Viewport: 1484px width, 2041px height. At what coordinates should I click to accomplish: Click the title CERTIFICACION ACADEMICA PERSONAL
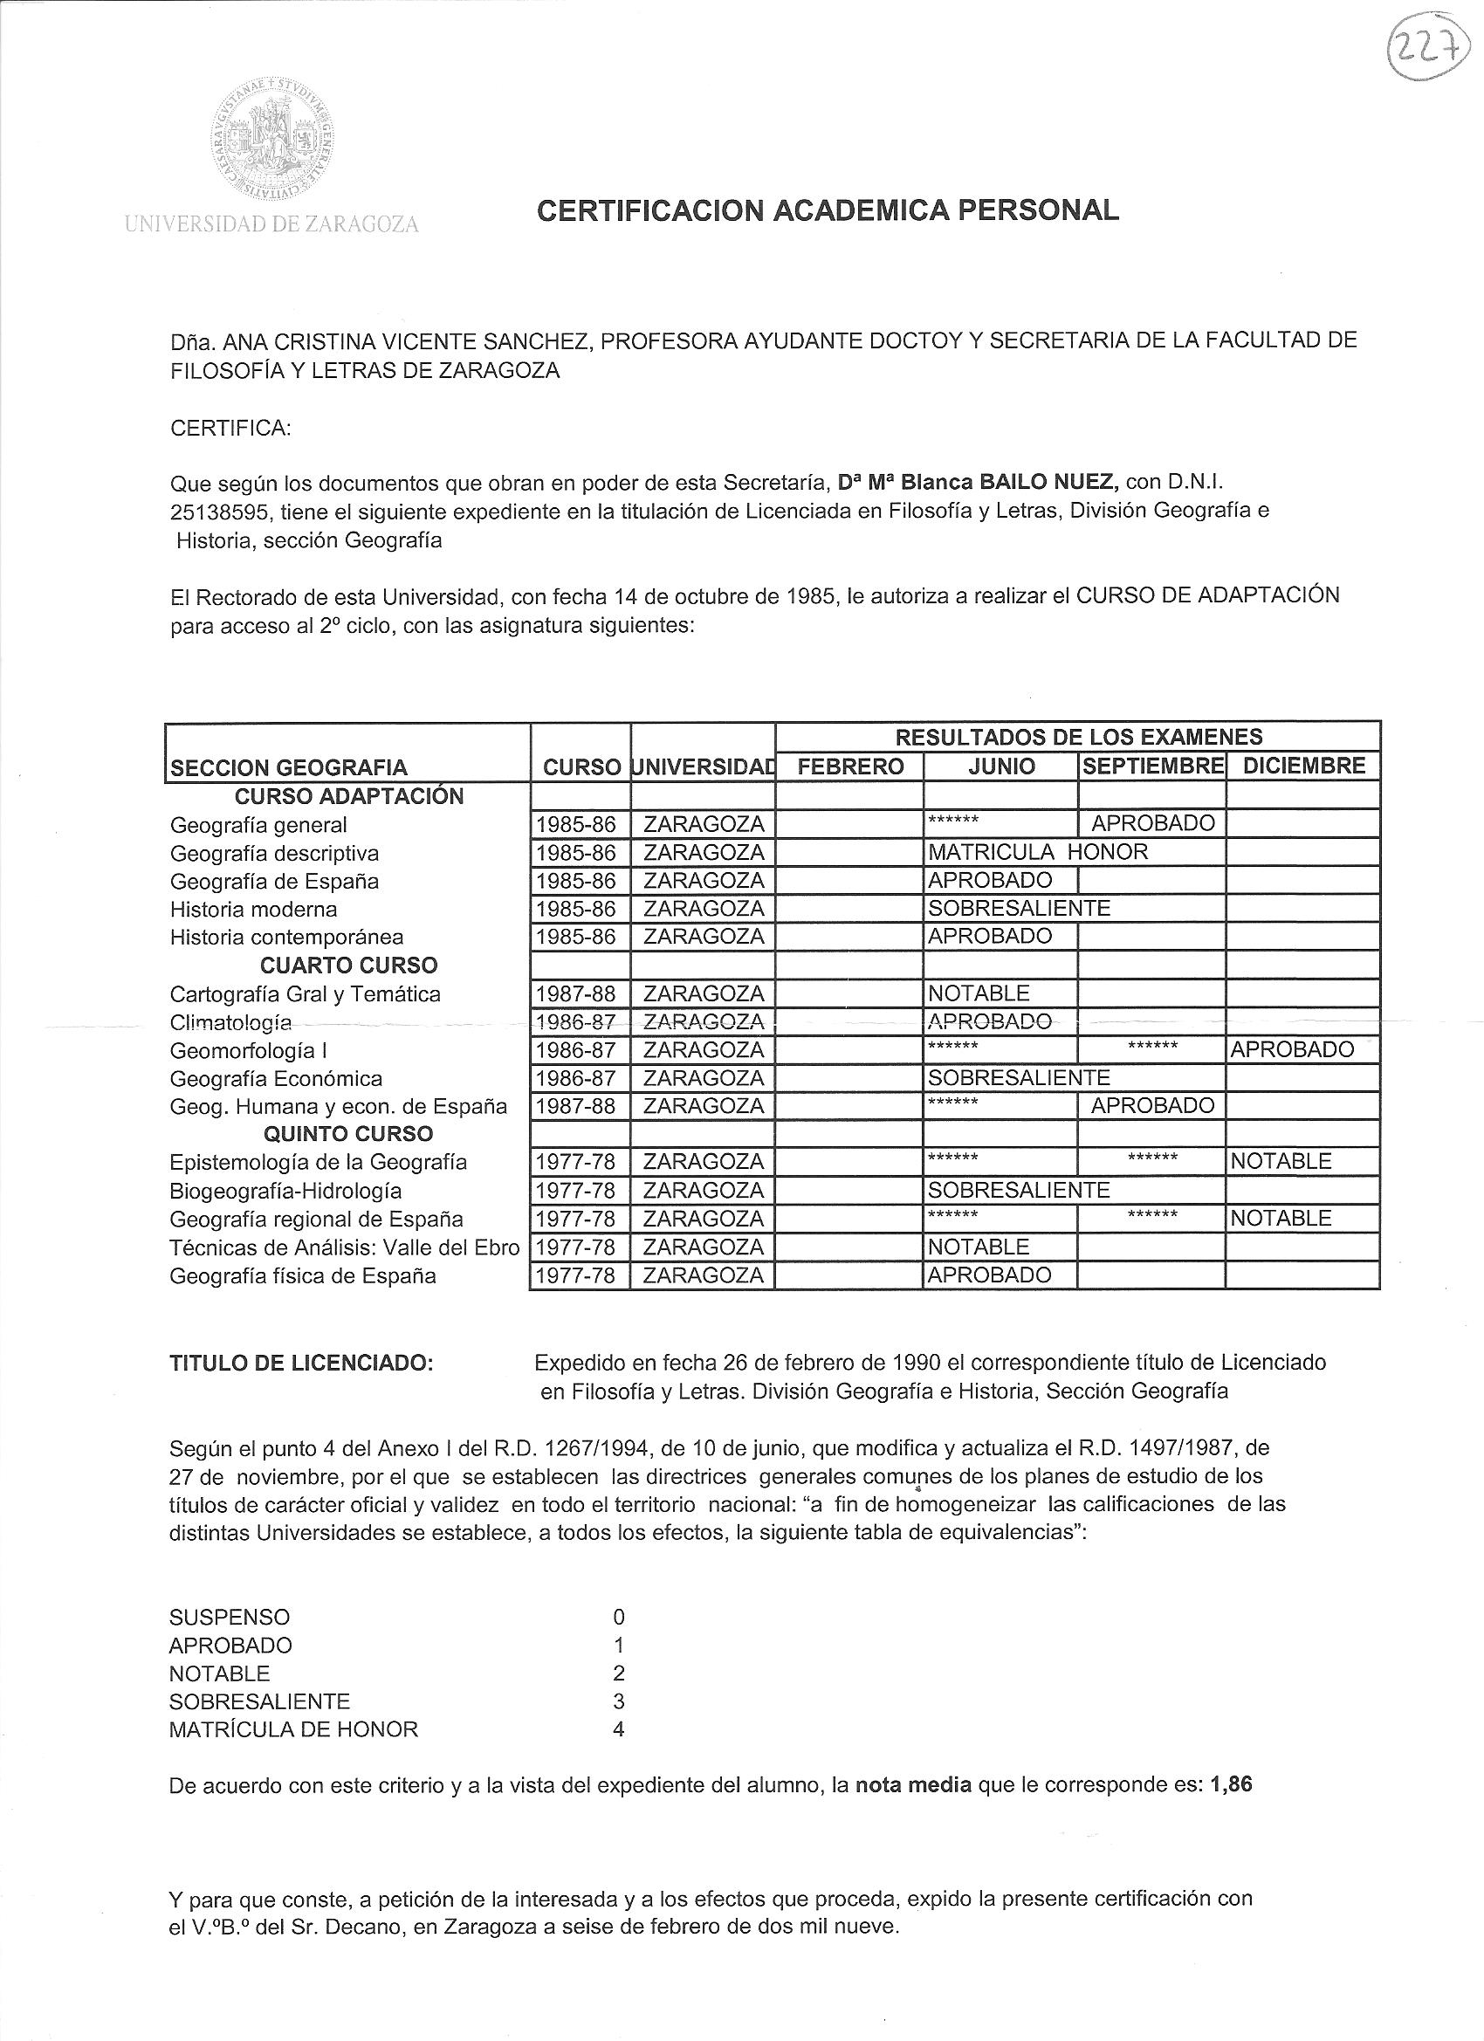click(827, 210)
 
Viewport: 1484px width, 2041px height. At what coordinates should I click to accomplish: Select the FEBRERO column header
click(850, 766)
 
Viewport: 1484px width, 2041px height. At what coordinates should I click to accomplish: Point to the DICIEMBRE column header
click(1302, 766)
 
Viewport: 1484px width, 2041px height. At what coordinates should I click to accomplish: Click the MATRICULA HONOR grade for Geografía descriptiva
click(1038, 851)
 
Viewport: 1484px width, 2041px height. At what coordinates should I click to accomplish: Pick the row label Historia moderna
click(253, 909)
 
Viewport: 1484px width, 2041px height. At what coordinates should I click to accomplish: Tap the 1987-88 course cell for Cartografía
click(576, 993)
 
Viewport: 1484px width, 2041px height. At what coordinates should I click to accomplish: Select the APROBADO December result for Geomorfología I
click(1291, 1049)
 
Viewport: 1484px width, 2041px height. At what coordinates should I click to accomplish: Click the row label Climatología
click(230, 1022)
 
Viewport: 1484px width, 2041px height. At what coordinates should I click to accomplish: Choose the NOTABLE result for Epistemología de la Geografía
click(1281, 1162)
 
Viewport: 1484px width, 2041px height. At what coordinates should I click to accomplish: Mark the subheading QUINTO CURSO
click(348, 1134)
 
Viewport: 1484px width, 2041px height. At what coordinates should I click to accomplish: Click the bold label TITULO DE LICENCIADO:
click(301, 1363)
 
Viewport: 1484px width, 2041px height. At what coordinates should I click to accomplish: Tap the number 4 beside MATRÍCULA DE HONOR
click(618, 1729)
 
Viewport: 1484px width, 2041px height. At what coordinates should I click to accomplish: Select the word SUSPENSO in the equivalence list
click(230, 1617)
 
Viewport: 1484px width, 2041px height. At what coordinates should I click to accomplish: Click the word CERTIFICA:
click(230, 428)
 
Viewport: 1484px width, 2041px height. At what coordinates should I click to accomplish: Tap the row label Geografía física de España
click(302, 1275)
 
